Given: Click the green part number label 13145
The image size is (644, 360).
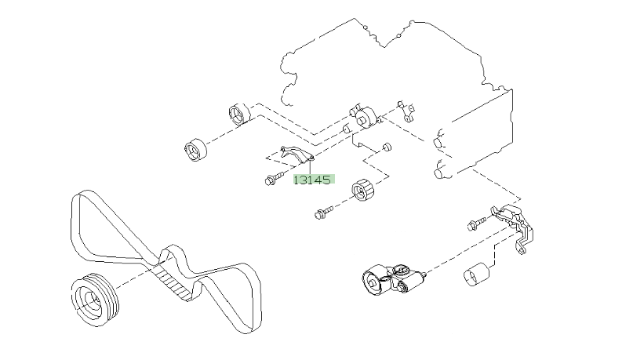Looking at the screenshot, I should [313, 179].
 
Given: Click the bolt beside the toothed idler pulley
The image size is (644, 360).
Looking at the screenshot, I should [324, 211].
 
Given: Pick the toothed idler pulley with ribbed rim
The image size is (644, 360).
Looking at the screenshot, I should [362, 191].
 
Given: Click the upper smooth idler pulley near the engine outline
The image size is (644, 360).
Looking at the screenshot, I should [238, 115].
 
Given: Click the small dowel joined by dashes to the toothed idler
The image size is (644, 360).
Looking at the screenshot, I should [387, 147].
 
